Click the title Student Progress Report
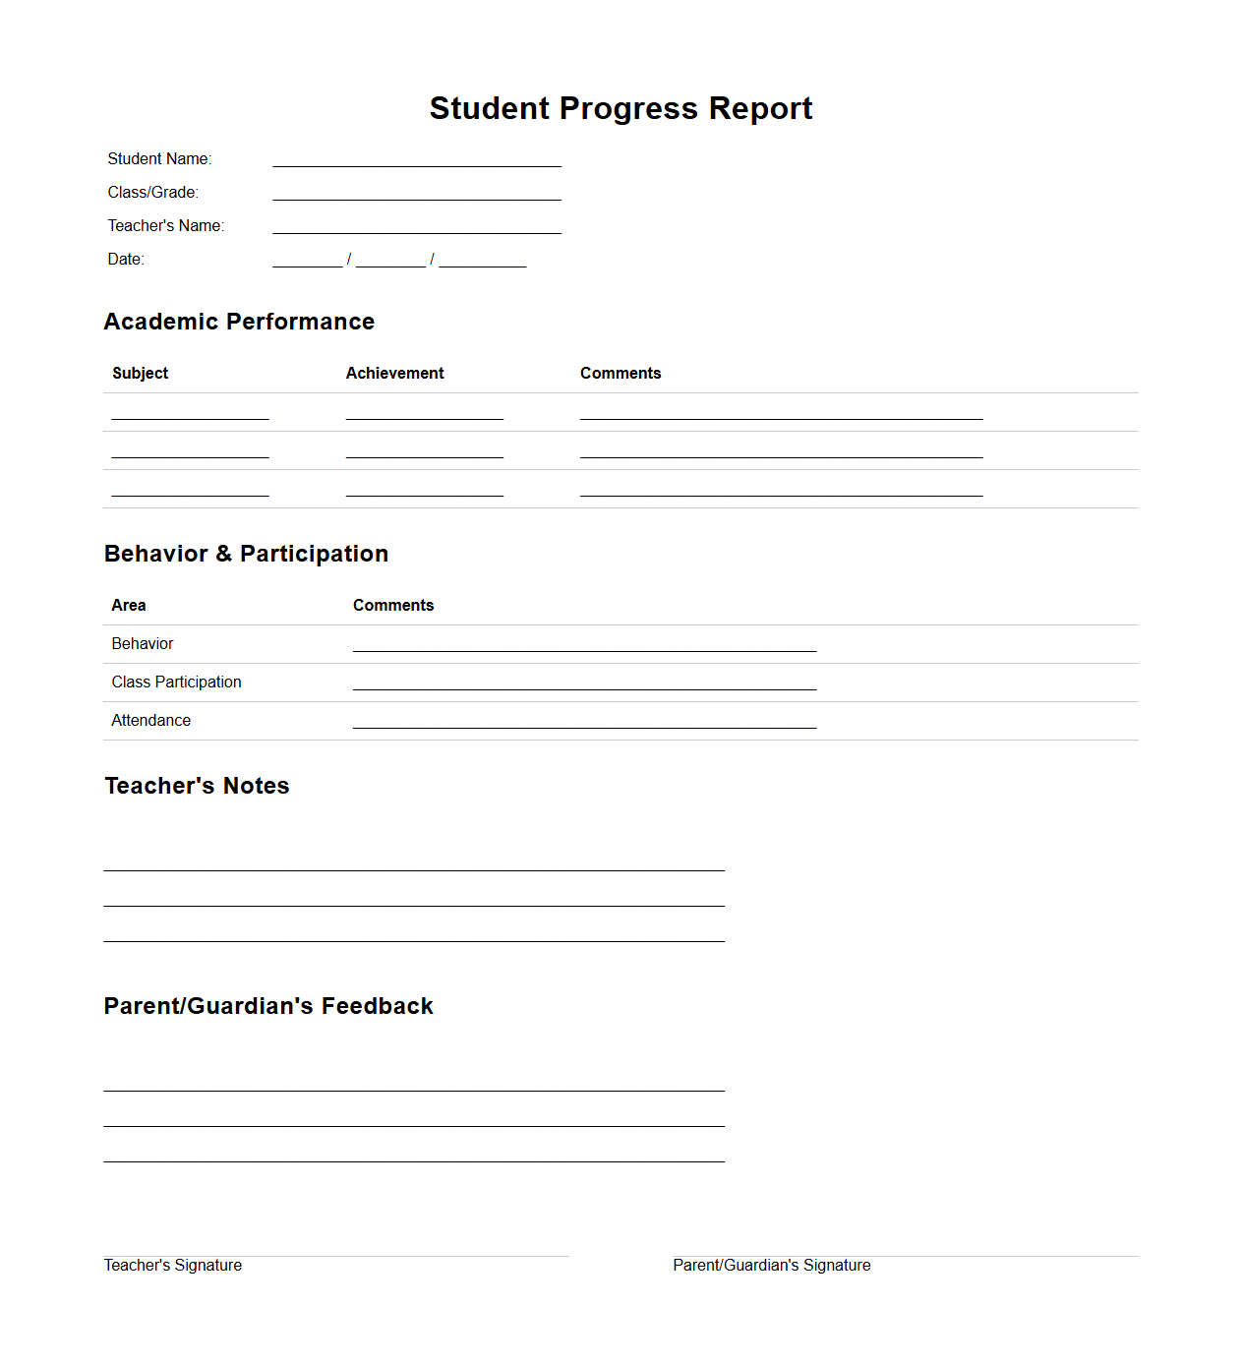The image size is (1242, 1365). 621,108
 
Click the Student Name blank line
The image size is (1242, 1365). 417,159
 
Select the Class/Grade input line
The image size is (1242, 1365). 417,193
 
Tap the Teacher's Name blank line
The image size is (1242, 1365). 417,226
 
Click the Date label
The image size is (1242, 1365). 126,260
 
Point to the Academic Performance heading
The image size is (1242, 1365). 239,322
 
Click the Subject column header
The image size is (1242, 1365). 140,374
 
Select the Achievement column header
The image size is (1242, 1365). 394,374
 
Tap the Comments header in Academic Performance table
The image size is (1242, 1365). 621,374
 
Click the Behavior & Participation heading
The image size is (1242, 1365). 246,554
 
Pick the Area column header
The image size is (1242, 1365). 129,606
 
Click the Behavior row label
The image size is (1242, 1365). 143,644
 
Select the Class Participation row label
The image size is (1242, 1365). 176,682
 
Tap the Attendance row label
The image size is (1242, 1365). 150,721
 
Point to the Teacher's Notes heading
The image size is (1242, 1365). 197,786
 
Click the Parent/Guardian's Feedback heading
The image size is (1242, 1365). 268,1006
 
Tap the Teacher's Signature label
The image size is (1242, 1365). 173,1266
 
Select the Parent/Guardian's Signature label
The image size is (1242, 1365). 772,1266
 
